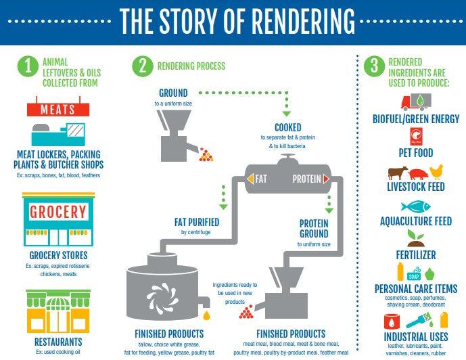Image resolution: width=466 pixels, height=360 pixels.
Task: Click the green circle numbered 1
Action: [x=28, y=66]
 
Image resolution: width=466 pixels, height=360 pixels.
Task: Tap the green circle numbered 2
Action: [x=143, y=66]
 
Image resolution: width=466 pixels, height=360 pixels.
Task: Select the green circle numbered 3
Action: [x=373, y=66]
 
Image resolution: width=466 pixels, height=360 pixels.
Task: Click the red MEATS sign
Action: [x=57, y=110]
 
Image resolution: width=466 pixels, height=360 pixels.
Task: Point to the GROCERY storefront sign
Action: [x=58, y=212]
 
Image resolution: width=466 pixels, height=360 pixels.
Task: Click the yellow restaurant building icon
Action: [x=57, y=312]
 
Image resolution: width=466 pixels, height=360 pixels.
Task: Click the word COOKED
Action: [x=287, y=127]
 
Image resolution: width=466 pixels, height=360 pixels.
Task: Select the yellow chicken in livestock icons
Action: [x=436, y=172]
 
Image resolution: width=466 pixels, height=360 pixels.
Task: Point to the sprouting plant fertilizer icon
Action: [x=414, y=238]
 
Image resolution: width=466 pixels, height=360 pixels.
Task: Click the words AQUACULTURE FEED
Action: [x=415, y=221]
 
